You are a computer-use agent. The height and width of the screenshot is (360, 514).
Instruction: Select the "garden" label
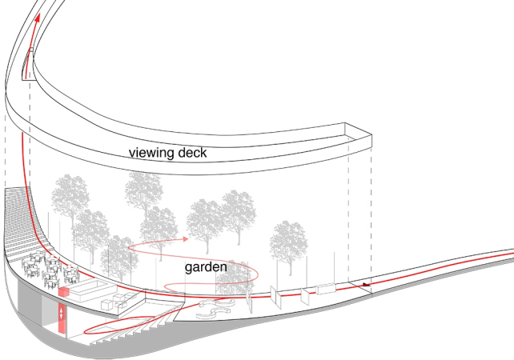(x=206, y=267)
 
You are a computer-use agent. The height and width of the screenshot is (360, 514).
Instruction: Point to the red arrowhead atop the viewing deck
(x=38, y=18)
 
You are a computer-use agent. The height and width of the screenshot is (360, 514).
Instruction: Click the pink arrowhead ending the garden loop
(x=186, y=238)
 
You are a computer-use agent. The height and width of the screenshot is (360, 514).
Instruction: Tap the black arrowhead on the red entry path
(x=367, y=284)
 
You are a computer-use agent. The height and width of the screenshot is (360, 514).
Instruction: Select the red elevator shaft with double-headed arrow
(x=62, y=318)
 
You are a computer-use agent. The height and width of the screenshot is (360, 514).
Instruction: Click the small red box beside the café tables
(x=64, y=291)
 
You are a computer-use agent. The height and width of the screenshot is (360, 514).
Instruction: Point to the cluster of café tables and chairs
(x=50, y=270)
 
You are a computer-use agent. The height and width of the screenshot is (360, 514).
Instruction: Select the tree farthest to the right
(x=289, y=246)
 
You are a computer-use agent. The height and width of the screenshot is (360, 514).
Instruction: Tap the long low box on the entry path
(x=326, y=289)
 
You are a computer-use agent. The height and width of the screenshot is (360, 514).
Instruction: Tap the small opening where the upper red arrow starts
(x=28, y=64)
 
